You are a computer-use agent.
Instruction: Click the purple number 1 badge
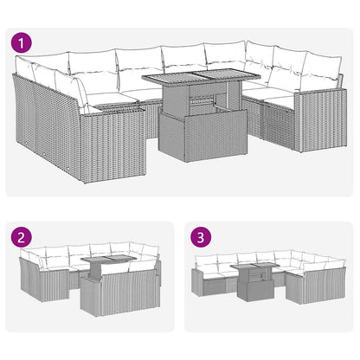(20, 42)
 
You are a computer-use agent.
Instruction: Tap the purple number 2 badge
(20, 235)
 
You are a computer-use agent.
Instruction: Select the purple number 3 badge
(202, 235)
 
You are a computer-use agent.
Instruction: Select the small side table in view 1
(115, 106)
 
